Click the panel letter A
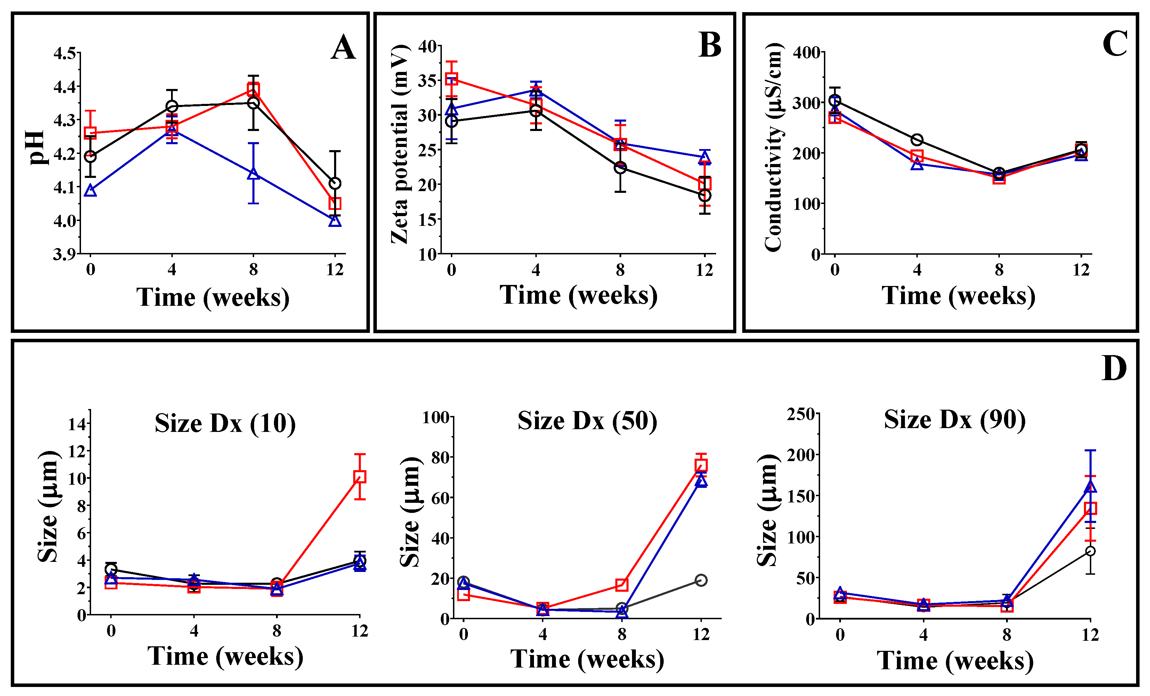point(343,48)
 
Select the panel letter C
point(1115,44)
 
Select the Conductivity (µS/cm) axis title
point(774,147)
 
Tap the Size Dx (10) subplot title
point(225,424)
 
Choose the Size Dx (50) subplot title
point(587,421)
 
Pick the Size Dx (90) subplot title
point(955,419)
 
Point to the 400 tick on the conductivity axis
point(807,52)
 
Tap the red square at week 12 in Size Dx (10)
point(359,477)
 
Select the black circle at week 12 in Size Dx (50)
point(700,580)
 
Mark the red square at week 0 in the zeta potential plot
point(451,79)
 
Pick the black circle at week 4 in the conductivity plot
point(917,139)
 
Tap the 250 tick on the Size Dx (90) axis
point(801,414)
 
